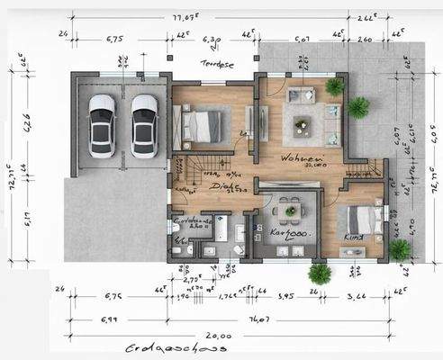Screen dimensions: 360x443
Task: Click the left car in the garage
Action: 102,125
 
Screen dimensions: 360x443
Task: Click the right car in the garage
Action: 144,125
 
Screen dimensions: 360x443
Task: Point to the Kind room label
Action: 354,236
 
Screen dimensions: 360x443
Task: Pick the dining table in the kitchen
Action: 289,211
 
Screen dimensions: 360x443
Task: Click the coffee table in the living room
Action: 298,117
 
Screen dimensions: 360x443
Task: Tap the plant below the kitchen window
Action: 316,273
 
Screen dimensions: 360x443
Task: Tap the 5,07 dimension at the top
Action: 301,39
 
